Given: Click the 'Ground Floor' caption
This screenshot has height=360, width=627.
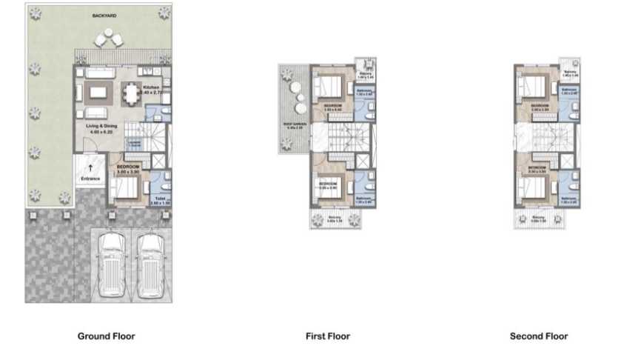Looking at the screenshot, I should pos(107,336).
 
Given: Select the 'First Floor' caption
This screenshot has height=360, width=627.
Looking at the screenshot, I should pos(327,336).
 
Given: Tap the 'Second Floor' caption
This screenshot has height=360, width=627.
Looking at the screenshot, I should pos(539,336).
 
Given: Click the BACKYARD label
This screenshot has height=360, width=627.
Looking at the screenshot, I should pos(104,15).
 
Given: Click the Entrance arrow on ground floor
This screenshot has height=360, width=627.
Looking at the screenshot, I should pos(90,169).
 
